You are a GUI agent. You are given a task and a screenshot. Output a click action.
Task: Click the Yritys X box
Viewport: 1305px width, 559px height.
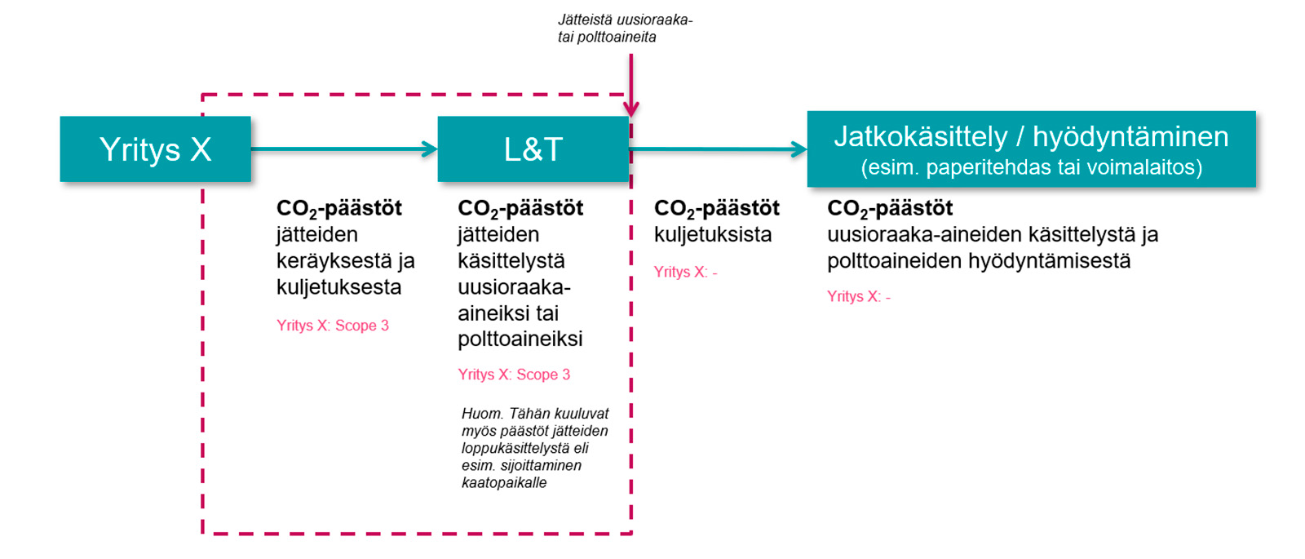point(156,149)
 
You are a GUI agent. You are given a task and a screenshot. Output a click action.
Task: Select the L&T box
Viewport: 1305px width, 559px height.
point(533,149)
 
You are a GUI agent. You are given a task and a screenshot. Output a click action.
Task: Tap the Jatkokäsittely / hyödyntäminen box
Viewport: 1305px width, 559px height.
point(1031,149)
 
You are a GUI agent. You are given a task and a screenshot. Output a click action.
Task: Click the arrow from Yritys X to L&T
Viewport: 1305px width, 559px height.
point(344,149)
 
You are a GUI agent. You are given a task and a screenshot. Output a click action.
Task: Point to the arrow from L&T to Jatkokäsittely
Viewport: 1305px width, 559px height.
point(719,149)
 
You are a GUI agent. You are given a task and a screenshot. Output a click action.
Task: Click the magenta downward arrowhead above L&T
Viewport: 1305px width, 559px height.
point(631,109)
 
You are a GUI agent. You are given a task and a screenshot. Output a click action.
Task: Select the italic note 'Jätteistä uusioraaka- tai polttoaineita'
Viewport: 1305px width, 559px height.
point(625,28)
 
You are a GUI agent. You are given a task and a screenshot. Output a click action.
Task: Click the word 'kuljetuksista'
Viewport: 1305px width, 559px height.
point(713,234)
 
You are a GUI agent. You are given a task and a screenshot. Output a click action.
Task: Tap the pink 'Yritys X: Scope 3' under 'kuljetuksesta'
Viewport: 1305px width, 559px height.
point(333,326)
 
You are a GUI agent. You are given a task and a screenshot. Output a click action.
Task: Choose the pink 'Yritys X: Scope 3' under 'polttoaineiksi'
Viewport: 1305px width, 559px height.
point(514,375)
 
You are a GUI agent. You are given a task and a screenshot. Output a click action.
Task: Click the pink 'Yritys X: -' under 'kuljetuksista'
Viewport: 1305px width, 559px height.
point(685,272)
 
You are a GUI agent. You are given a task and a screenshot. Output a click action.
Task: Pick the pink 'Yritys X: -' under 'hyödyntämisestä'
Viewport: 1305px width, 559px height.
point(859,296)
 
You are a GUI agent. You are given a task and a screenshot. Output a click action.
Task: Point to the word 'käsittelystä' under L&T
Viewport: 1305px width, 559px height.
point(511,261)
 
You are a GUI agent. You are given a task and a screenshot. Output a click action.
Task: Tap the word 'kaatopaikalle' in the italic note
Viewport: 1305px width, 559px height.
point(504,482)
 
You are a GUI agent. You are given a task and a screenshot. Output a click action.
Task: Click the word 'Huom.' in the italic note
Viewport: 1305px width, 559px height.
point(482,414)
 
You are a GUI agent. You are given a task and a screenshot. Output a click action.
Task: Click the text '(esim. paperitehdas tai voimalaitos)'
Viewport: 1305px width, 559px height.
point(1031,168)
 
